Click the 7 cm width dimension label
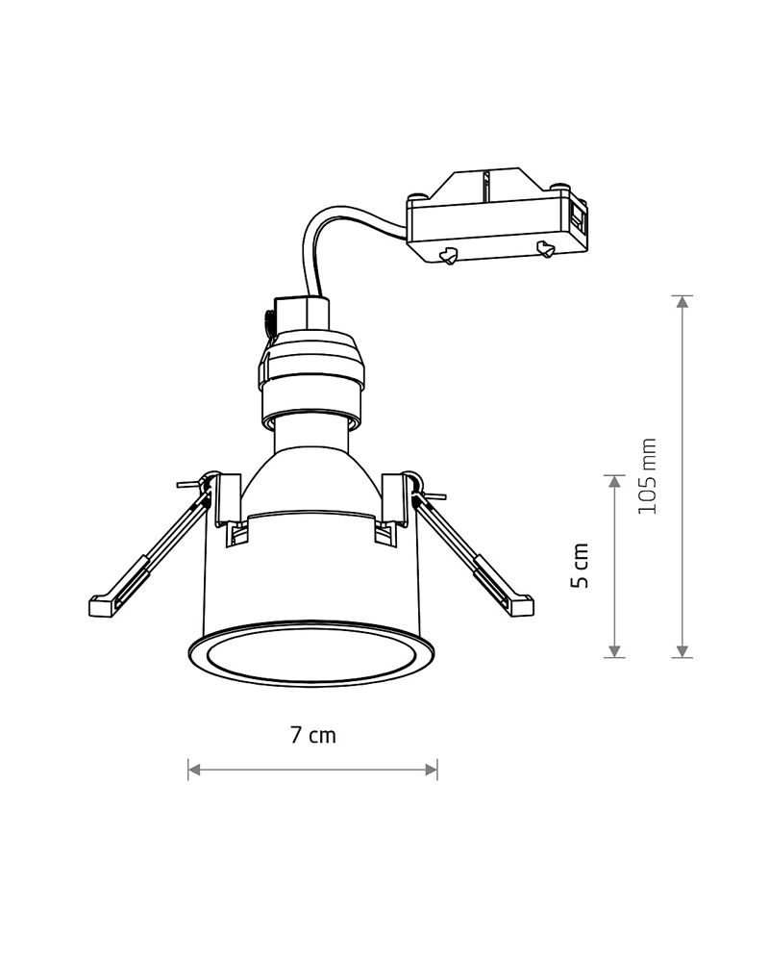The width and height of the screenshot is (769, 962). tap(313, 734)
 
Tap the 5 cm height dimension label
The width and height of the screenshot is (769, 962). tap(580, 565)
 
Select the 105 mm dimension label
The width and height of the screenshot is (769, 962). tap(647, 476)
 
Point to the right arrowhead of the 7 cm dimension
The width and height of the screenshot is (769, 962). tap(431, 770)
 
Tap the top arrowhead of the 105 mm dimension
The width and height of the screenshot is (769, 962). tap(682, 302)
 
